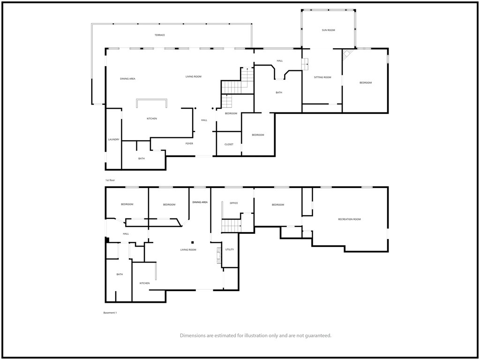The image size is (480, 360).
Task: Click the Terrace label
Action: tap(159, 35)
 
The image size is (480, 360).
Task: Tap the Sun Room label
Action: tap(328, 30)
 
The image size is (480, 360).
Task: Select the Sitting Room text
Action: tap(322, 77)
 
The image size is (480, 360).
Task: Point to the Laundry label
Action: tap(113, 140)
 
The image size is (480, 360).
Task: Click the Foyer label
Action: tap(189, 143)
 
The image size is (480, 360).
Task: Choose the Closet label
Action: tap(229, 144)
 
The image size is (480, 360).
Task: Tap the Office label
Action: tap(233, 203)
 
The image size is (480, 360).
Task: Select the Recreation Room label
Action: tap(349, 219)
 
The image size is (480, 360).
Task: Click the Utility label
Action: tap(230, 250)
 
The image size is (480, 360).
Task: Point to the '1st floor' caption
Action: tap(110, 180)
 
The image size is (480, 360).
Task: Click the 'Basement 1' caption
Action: tap(110, 313)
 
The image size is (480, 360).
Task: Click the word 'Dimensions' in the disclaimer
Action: tap(193, 336)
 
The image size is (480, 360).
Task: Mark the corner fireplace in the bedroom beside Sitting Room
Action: tap(347, 54)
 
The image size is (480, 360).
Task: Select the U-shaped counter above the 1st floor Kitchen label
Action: tap(152, 100)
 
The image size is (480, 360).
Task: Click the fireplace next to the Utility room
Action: tap(218, 255)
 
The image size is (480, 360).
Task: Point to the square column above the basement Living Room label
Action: tap(193, 242)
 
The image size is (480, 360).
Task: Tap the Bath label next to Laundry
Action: tap(142, 158)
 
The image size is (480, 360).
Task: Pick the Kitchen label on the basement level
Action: tap(144, 284)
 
